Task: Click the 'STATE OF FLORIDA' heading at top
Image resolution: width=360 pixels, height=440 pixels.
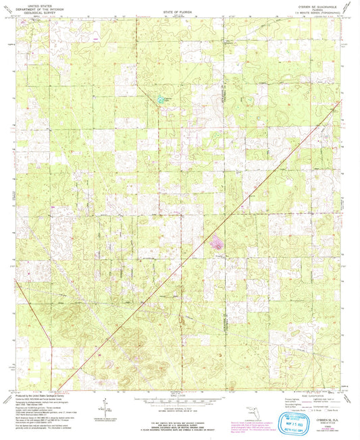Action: click(x=178, y=12)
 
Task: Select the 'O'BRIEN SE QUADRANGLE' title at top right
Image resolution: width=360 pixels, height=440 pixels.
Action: click(x=322, y=5)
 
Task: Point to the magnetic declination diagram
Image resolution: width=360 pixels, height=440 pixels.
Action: click(x=105, y=408)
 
